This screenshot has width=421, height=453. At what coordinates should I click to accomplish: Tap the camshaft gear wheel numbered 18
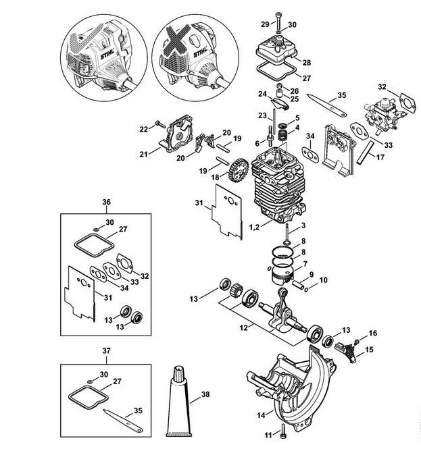coord(239,170)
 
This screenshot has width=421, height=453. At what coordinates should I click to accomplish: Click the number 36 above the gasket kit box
coord(106,202)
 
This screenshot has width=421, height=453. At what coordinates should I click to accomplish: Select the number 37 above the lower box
coord(106,351)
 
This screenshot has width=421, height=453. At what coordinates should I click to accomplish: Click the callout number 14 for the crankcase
coord(261,415)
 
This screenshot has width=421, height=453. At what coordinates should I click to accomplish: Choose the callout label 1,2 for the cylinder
coord(255,228)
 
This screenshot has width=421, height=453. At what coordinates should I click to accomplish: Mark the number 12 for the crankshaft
coord(244,327)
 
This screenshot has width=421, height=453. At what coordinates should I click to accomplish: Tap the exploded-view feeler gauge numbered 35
coord(326,105)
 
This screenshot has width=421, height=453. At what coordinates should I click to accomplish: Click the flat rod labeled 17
coord(366,153)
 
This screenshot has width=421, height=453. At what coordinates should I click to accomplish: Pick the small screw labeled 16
coord(357,342)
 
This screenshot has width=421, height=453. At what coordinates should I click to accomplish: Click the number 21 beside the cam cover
coord(144,155)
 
